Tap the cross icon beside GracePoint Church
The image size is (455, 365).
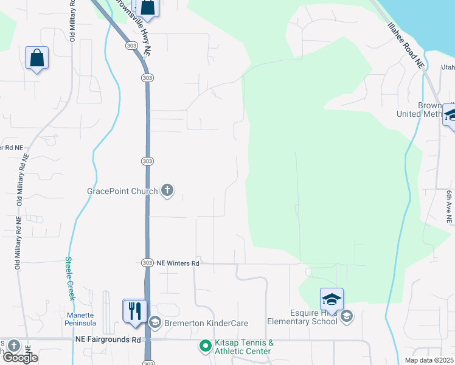[x=167, y=191]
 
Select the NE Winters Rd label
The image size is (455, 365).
[x=178, y=263]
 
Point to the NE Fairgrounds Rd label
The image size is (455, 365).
[x=108, y=339]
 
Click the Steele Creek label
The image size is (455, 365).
[x=70, y=278]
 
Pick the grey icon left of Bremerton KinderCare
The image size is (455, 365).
[x=155, y=322]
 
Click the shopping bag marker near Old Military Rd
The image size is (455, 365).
[x=37, y=58]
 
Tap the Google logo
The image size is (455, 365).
[x=20, y=358]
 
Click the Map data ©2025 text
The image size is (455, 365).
[x=429, y=360]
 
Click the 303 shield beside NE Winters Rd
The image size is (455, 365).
[x=147, y=263]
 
